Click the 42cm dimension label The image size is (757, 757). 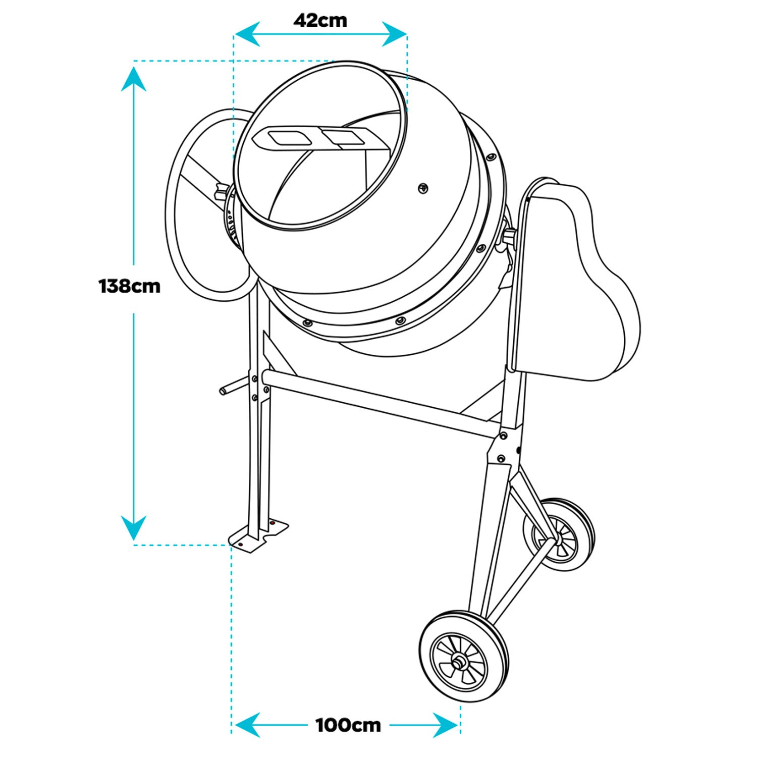coord(320,21)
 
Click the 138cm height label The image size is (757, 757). coord(130,287)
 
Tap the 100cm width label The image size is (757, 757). coord(348,726)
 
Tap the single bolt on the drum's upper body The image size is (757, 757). coord(423,188)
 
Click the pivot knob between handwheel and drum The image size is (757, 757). coord(221,192)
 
